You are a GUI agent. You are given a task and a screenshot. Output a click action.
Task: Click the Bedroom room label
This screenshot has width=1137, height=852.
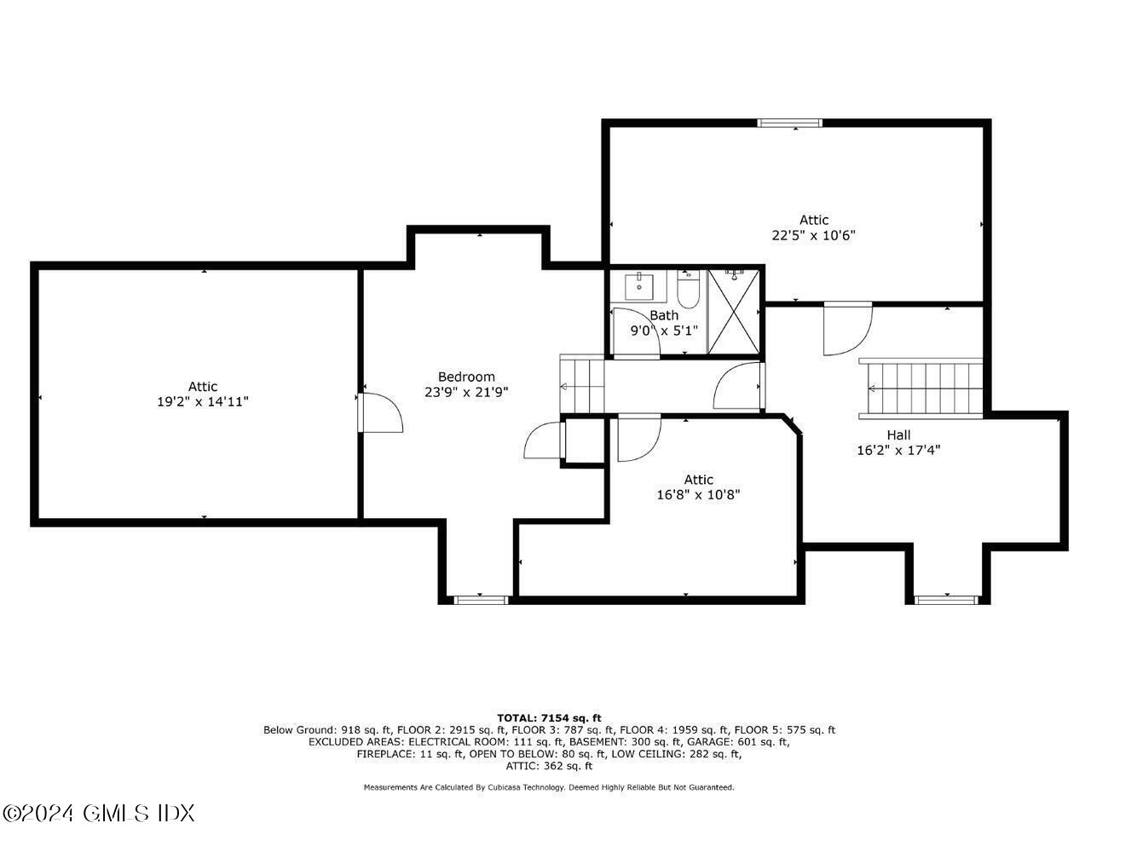click(466, 377)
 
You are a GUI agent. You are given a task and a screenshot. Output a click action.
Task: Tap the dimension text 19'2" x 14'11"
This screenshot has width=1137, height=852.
click(203, 402)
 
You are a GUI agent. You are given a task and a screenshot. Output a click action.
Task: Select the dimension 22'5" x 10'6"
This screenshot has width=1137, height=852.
click(813, 235)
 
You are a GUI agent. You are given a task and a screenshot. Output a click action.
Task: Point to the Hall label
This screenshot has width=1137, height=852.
click(898, 435)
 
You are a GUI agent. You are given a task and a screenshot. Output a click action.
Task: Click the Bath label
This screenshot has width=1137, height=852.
click(664, 315)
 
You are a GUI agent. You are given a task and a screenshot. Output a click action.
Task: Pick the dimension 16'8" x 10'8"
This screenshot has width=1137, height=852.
click(698, 494)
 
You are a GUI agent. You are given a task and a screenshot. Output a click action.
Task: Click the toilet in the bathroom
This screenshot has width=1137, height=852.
click(688, 291)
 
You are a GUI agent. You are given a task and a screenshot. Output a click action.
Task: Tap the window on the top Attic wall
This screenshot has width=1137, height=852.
click(790, 124)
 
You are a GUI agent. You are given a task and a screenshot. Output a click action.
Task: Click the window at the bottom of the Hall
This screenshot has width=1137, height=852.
click(947, 600)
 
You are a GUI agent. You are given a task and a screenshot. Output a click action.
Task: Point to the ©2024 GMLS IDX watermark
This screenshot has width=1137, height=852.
click(99, 813)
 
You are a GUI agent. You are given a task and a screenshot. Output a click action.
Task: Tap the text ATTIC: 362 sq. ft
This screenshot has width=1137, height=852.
click(549, 766)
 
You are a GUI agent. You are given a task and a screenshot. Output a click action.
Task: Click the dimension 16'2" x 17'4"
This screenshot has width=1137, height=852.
click(898, 450)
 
